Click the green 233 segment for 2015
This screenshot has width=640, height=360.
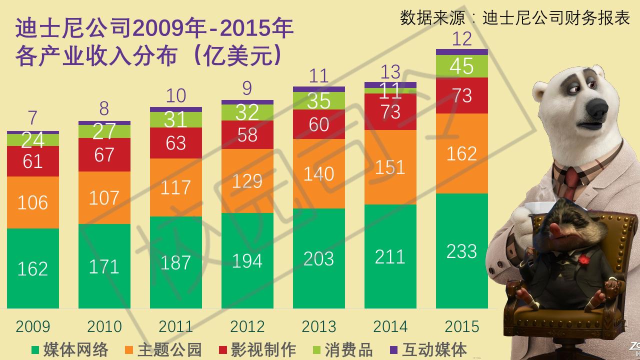tap(461, 250)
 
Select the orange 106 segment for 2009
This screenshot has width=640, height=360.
tap(33, 202)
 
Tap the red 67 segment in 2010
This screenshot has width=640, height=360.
tap(104, 154)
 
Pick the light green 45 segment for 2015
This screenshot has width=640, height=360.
tap(461, 66)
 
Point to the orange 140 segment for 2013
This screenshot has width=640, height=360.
tap(319, 173)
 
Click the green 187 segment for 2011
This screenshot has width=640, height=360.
tap(176, 262)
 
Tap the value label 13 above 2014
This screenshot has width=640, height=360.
tap(390, 72)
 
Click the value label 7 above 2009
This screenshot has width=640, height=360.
tap(33, 118)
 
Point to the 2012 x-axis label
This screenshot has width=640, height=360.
tap(247, 326)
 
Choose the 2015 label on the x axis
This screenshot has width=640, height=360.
tap(461, 326)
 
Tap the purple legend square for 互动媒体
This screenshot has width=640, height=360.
tap(393, 349)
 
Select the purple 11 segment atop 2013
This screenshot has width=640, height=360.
tap(319, 89)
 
